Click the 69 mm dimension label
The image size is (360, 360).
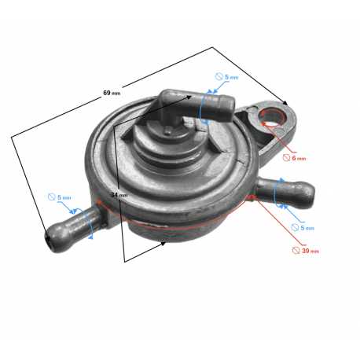(112, 93)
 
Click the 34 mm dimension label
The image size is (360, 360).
(119, 195)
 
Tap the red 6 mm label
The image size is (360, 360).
(299, 158)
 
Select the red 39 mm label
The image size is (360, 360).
(310, 251)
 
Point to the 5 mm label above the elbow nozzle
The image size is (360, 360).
(232, 77)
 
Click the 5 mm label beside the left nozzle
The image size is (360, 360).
(64, 197)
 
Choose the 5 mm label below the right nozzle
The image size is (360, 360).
(307, 228)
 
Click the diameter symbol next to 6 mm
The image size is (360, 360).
(287, 158)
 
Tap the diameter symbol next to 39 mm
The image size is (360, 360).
(296, 251)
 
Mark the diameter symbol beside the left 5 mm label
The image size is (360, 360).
(52, 197)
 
